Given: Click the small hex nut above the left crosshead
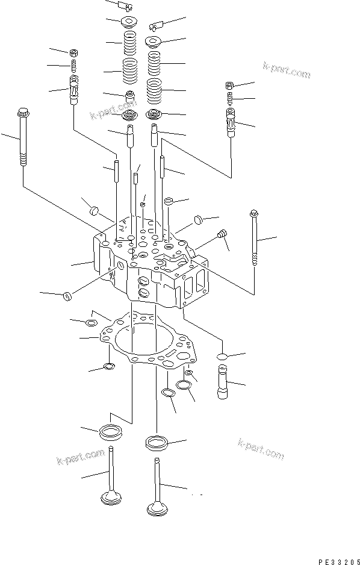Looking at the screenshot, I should (73, 52).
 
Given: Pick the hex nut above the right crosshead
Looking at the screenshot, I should (230, 84).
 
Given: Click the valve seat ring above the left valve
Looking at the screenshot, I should (111, 431).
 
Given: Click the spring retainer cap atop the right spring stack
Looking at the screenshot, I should (154, 42).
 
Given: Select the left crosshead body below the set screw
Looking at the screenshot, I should (75, 90).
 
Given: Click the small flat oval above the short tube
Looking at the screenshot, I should (220, 357).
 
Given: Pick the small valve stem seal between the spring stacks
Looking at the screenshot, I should (129, 95).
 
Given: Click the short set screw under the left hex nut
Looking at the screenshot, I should (73, 65).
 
